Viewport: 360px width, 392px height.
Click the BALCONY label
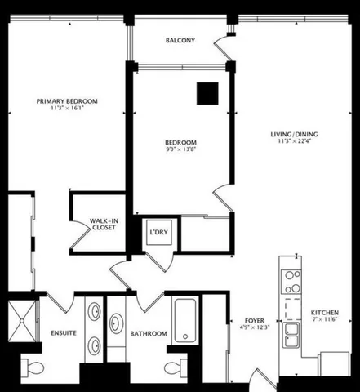click(x=179, y=41)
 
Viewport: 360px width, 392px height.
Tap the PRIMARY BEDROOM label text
click(x=67, y=101)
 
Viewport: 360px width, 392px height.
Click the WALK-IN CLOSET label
click(x=103, y=223)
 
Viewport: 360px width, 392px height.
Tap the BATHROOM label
click(x=149, y=334)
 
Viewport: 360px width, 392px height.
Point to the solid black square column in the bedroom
click(x=206, y=94)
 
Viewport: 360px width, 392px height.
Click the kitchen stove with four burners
click(x=291, y=282)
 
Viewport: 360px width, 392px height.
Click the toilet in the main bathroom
click(x=172, y=365)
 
